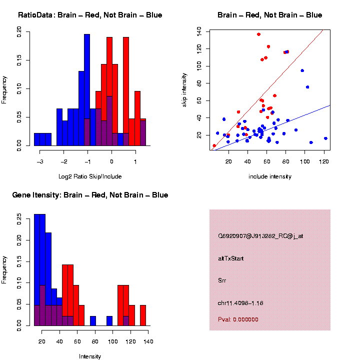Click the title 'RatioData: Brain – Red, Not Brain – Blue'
click(x=90, y=15)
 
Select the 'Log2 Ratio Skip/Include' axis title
click(x=89, y=176)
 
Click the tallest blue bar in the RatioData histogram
click(x=87, y=90)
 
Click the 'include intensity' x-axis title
click(x=270, y=176)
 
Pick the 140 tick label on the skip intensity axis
click(x=199, y=31)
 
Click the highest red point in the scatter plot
click(x=258, y=34)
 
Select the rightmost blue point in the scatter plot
click(x=325, y=138)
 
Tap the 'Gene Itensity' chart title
click(x=90, y=195)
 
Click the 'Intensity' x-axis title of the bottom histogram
click(x=90, y=356)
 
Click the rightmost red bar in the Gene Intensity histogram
click(x=142, y=315)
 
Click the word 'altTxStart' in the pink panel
click(x=230, y=258)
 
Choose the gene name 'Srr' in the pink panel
click(x=222, y=280)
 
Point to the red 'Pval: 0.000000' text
click(x=238, y=319)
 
